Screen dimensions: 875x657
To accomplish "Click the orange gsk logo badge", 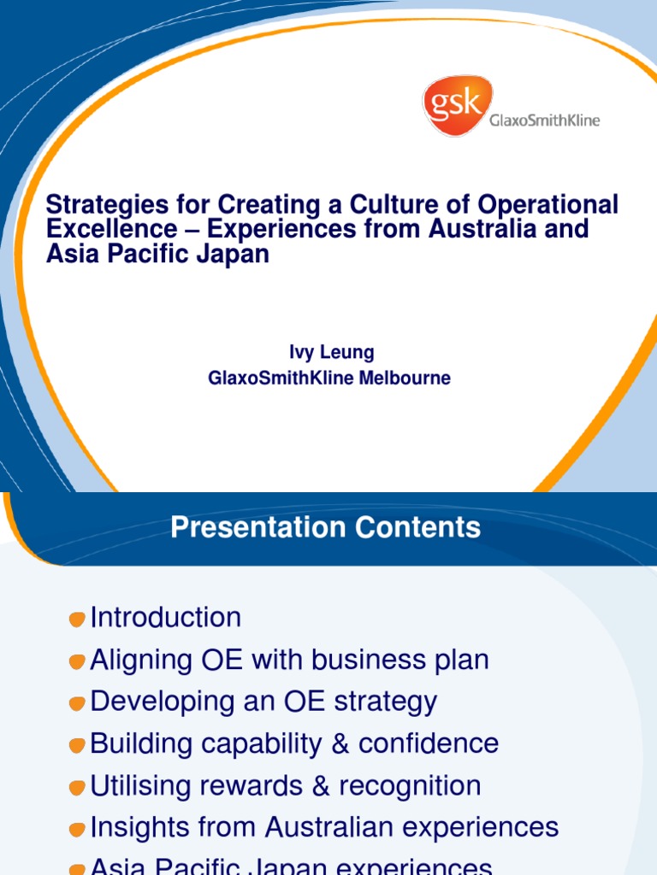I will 457,104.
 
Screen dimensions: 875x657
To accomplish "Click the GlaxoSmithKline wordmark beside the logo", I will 544,120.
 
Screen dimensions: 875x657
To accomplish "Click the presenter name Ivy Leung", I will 330,352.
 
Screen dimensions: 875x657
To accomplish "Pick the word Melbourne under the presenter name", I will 404,378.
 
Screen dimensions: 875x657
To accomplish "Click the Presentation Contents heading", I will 325,527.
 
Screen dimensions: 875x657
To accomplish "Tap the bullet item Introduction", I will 166,617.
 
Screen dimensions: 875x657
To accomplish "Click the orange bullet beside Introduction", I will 78,619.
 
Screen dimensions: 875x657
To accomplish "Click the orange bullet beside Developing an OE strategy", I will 78,703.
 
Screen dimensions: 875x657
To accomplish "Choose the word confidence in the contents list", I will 429,743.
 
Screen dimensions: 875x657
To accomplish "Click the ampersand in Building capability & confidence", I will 340,743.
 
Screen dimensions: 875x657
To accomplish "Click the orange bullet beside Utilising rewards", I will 78,787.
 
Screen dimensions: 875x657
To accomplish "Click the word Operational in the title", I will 548,205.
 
